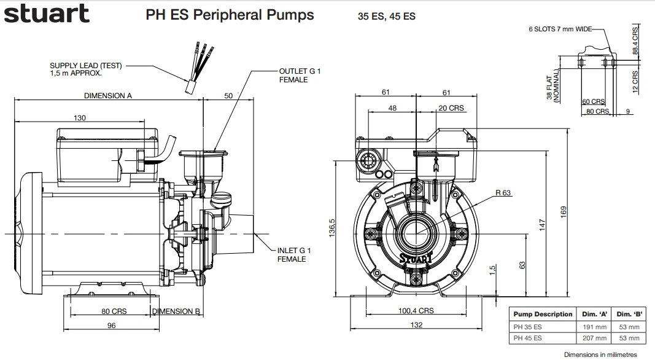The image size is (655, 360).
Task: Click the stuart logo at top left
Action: [47, 14]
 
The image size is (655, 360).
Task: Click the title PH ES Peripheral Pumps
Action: [230, 15]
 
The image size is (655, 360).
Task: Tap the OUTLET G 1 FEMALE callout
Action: [300, 76]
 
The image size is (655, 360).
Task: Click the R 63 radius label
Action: [503, 193]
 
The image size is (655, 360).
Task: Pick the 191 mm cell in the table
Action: [594, 326]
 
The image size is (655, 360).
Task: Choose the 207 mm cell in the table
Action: [594, 338]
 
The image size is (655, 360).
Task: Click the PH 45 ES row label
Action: [528, 338]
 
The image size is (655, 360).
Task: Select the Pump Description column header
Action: [543, 314]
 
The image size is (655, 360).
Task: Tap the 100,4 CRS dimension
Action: [416, 311]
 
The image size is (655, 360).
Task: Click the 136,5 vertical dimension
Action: [332, 229]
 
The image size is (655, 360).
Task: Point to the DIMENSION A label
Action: [108, 95]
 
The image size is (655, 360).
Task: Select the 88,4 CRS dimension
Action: [636, 40]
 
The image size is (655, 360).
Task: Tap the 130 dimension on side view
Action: [80, 117]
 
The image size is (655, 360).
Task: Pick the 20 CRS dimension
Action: [451, 108]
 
